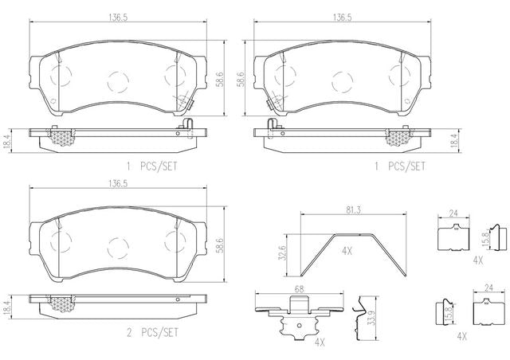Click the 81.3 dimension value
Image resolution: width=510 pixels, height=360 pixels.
coord(353,210)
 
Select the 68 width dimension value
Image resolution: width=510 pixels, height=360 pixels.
coord(299,289)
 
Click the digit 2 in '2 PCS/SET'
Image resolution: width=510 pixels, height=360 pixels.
coord(129,333)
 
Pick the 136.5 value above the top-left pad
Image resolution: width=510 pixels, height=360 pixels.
coord(118,18)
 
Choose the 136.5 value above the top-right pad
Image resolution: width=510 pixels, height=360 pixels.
coord(342,18)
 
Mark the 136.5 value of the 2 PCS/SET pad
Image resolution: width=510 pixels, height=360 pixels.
coord(118,184)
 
